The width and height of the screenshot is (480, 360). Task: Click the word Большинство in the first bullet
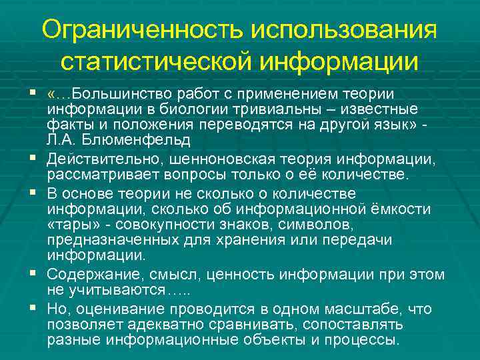pos(116,95)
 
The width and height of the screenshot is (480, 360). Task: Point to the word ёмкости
pos(405,209)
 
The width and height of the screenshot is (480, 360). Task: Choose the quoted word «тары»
pos(70,225)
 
